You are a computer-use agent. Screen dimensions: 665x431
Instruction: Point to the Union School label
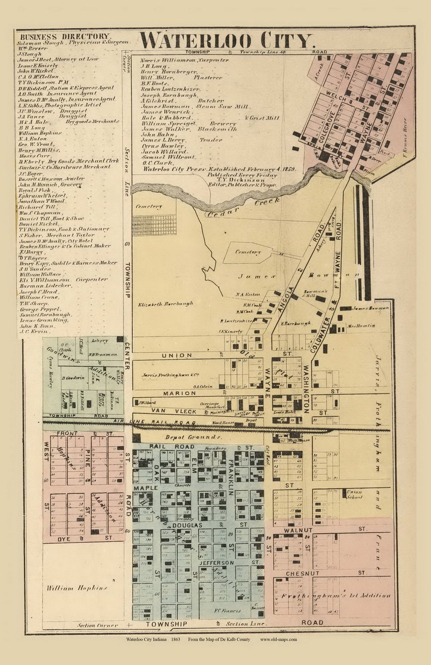[x=354, y=494]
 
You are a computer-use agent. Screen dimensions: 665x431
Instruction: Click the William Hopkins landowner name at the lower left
[x=77, y=588]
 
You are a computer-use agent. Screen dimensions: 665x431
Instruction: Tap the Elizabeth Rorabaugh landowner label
[x=165, y=304]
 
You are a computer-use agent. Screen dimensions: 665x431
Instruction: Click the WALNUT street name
[x=298, y=530]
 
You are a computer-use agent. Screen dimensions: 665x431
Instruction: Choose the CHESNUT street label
[x=302, y=573]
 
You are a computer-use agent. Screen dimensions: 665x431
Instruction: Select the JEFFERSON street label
[x=216, y=563]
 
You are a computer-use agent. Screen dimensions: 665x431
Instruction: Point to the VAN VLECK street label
[x=174, y=411]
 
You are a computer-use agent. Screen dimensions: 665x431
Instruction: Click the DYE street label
[x=64, y=539]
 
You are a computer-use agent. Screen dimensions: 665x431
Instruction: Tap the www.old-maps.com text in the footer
[x=278, y=639]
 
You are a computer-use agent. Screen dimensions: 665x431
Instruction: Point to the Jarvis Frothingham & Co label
[x=170, y=375]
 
